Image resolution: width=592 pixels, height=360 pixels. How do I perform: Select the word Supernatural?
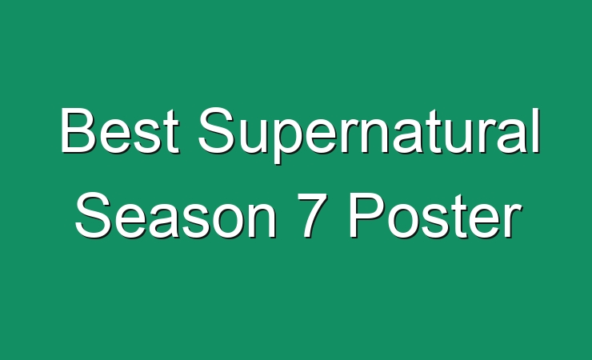click(x=370, y=135)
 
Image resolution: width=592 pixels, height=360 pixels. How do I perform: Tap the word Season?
click(x=176, y=215)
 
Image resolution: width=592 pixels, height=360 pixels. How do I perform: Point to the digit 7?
click(x=314, y=215)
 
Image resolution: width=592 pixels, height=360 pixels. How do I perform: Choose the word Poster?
click(x=436, y=215)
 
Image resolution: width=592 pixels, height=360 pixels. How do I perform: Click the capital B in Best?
click(x=78, y=130)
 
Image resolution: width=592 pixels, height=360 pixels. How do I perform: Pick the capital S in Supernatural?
click(x=218, y=130)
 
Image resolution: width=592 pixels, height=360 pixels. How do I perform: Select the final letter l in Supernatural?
click(x=537, y=130)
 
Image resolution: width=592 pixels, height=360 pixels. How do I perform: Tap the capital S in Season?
click(x=94, y=215)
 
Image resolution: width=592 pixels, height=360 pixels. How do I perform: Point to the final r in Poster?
click(x=514, y=220)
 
